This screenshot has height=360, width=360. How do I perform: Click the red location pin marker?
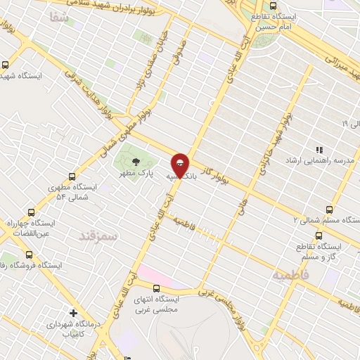(x=181, y=165)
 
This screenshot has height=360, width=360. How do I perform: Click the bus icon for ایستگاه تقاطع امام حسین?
(x=274, y=6)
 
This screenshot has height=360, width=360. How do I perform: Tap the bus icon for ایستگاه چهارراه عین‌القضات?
(x=31, y=212)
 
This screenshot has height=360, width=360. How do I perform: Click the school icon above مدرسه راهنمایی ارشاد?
(x=319, y=150)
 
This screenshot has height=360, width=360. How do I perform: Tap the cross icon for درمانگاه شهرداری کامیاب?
(x=73, y=313)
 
